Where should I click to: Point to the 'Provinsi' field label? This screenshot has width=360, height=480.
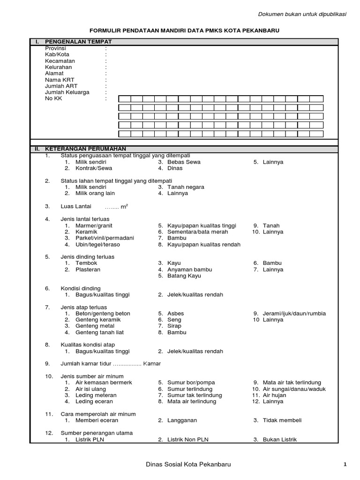(55, 48)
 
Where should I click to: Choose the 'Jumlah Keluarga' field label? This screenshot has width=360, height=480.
(67, 92)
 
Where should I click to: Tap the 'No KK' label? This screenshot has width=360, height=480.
(53, 99)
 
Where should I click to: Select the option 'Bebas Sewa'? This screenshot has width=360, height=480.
(184, 162)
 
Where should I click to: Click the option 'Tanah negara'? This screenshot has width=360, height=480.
(186, 187)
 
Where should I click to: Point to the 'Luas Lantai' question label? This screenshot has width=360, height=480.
(76, 206)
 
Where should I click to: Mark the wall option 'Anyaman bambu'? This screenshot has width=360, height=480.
(189, 270)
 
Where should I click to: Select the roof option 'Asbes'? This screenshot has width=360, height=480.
(176, 314)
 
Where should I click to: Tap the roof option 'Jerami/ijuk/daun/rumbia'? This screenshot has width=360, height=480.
(294, 314)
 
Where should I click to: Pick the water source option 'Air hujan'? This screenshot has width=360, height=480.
(275, 395)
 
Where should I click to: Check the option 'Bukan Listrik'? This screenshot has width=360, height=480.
(280, 439)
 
